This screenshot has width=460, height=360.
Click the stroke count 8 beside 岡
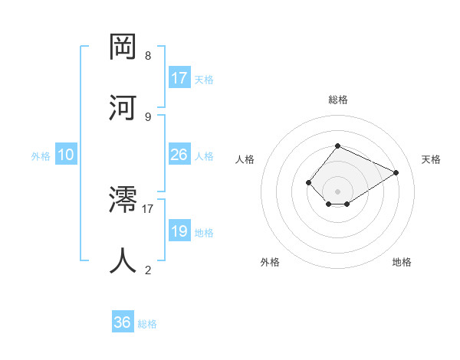coord(148,56)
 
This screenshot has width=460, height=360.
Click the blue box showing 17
coord(179,78)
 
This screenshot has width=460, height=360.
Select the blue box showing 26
coord(179,155)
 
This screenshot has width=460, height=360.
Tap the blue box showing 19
coord(179,231)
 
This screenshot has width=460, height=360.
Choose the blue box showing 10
coord(66,155)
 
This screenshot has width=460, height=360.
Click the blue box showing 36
coord(123,322)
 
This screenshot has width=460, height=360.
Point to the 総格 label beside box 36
coord(147,324)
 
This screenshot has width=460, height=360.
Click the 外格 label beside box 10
coord(41,156)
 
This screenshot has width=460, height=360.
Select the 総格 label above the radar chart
coord(338,100)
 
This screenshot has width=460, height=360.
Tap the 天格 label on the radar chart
coord(431,159)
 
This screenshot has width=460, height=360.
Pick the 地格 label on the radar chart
coord(402,263)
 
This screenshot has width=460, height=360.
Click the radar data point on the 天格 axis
coord(396,172)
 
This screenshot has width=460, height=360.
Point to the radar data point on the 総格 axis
coord(337,146)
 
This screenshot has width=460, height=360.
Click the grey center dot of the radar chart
coord(337,191)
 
